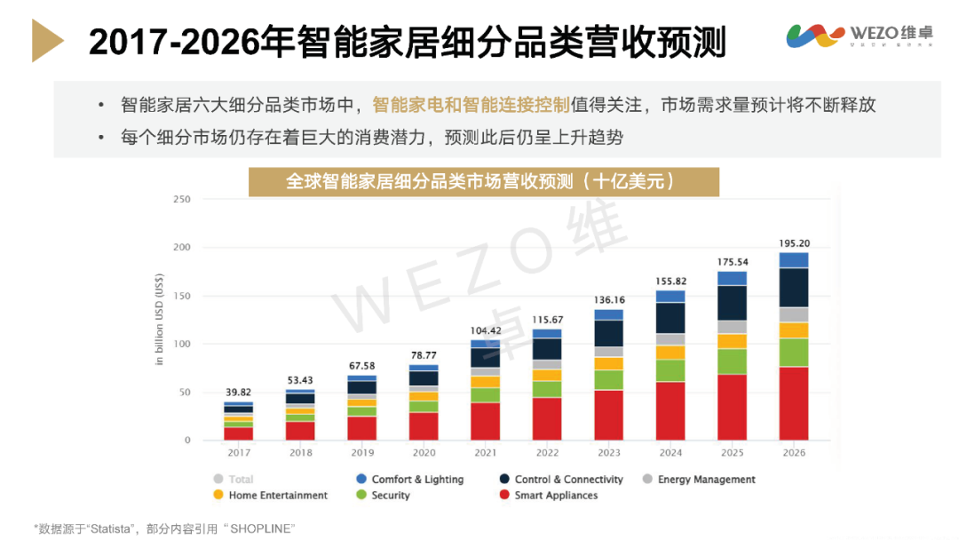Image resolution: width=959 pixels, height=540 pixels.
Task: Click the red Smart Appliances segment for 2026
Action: coord(793,403)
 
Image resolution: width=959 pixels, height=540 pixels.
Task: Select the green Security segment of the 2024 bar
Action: coord(670,370)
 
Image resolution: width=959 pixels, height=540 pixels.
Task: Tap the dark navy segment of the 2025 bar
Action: coord(732,303)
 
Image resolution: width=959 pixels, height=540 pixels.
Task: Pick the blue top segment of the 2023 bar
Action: coord(608,314)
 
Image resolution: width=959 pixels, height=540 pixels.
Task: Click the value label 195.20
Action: coord(793,242)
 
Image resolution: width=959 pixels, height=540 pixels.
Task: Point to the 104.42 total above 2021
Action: coord(485,330)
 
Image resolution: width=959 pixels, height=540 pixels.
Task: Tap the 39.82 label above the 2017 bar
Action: coord(238,393)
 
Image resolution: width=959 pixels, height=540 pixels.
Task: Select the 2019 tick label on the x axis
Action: coord(361,453)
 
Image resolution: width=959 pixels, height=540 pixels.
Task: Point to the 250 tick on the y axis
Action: coord(182,199)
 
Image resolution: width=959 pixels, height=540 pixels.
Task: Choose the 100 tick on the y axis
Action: coord(182,344)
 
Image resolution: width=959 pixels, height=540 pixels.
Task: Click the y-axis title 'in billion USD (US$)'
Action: coord(160,320)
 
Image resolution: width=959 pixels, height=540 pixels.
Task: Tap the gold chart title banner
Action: coord(483,181)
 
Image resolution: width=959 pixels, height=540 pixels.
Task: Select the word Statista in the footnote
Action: coord(110,528)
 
